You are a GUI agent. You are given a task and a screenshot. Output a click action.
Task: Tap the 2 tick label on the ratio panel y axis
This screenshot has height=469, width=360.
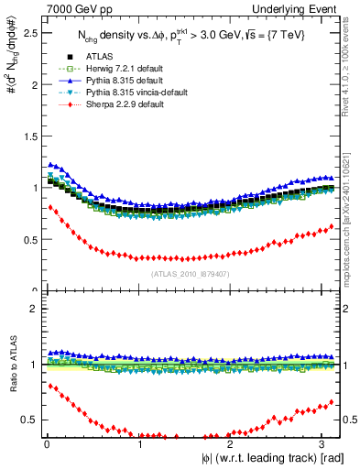point(30,309)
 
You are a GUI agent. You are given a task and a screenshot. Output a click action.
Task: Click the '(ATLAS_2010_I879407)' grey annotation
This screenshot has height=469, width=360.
point(190,273)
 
